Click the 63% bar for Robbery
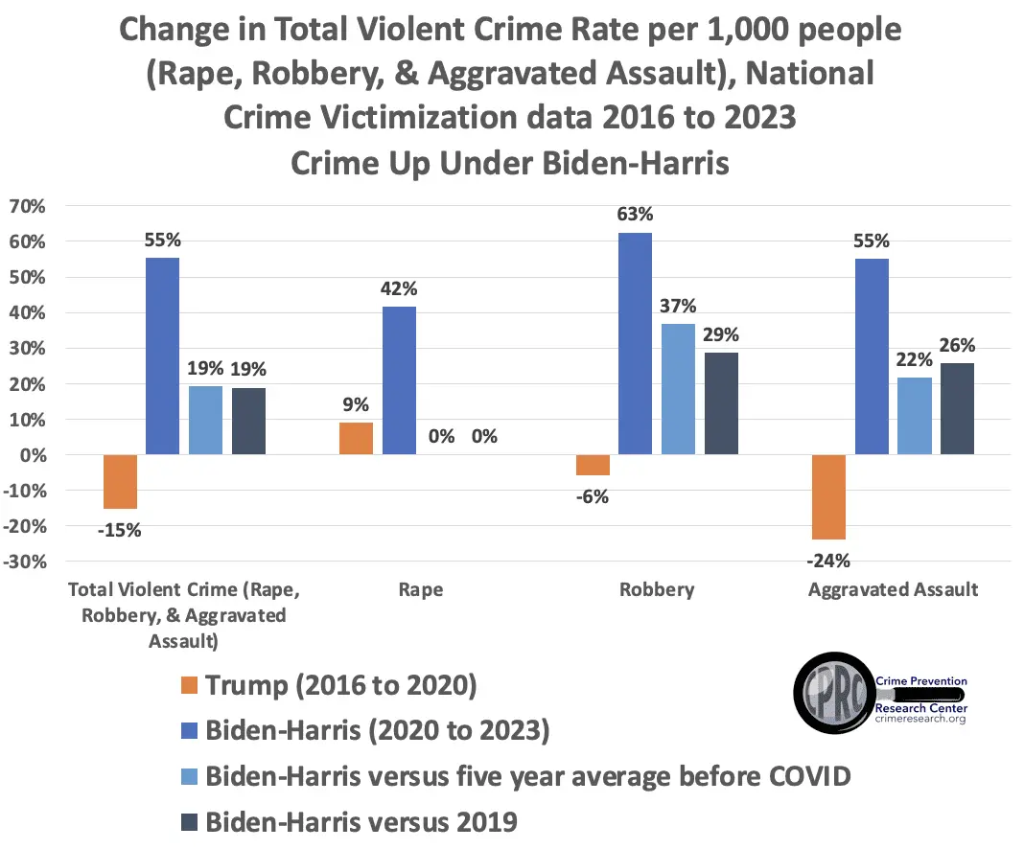635,343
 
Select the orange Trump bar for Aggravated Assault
828,496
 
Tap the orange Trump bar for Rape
356,438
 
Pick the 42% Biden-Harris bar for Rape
399,379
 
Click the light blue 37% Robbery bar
678,389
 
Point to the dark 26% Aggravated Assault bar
957,408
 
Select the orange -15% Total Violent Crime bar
120,481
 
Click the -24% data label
828,561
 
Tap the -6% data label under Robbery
593,496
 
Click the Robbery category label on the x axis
657,589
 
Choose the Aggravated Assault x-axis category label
893,589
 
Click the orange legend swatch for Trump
187,686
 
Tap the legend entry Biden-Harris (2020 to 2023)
378,730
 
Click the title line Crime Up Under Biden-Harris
510,163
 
